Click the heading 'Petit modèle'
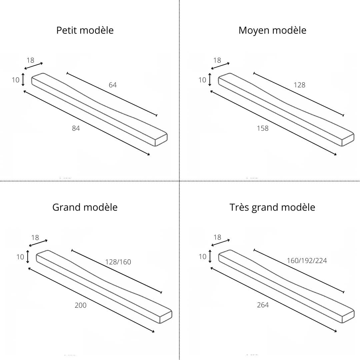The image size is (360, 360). pos(85,30)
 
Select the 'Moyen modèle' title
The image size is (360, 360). pos(272,30)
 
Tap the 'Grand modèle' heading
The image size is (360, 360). pos(85,207)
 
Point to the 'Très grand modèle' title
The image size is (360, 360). pos(272,207)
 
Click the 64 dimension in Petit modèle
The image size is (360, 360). pos(113,85)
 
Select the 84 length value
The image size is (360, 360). pos(76,128)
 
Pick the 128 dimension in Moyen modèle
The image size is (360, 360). pos(299,85)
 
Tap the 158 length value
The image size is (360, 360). pos(263,128)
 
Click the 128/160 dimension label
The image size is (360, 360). pos(118,262)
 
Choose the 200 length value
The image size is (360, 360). pos(81,305)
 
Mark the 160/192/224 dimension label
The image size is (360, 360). pos(307,261)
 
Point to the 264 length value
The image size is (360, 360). pos(263,305)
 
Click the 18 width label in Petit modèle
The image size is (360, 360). pos(30,60)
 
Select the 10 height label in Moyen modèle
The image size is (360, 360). pos(202,80)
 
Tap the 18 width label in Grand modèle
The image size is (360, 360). pos(35,238)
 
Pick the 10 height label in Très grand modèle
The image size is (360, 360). pos(202,257)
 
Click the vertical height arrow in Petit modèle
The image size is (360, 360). pos(23,80)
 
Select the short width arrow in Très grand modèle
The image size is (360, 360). pos(220,243)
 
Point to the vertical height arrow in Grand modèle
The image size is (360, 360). pos(28,257)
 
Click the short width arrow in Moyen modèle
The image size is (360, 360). pos(220,66)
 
